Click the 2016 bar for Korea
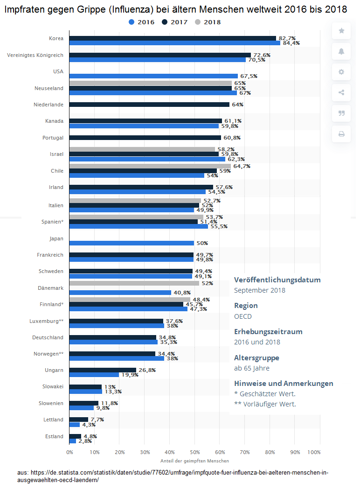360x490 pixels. [174, 43]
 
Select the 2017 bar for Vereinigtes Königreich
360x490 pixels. [159, 55]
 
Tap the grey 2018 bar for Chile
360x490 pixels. [150, 166]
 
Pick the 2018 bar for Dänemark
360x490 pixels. [134, 283]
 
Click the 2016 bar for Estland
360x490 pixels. [73, 441]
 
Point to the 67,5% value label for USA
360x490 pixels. [249, 76]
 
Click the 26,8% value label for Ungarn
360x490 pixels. [147, 370]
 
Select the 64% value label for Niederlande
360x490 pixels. [238, 105]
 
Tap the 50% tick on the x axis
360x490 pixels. [195, 452]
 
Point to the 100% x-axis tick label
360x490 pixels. [314, 452]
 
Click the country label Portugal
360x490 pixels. [53, 138]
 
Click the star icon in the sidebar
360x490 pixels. [341, 31]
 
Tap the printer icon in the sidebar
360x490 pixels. [341, 134]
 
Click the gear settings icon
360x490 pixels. [341, 72]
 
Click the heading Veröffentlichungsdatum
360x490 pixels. [277, 280]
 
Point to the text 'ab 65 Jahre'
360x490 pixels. [252, 368]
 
